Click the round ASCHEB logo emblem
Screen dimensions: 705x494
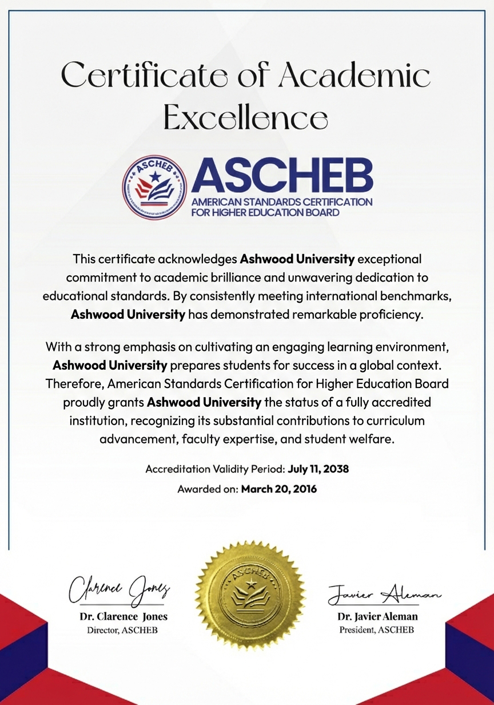[x=155, y=187]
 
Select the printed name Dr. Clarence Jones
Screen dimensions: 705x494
[x=123, y=617]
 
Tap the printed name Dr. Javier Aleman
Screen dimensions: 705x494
[x=377, y=617]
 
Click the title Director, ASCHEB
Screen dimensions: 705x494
[x=122, y=630]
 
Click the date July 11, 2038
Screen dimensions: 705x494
[x=318, y=469]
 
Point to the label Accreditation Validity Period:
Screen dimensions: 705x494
[x=215, y=469]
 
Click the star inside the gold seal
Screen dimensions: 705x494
[x=250, y=584]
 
